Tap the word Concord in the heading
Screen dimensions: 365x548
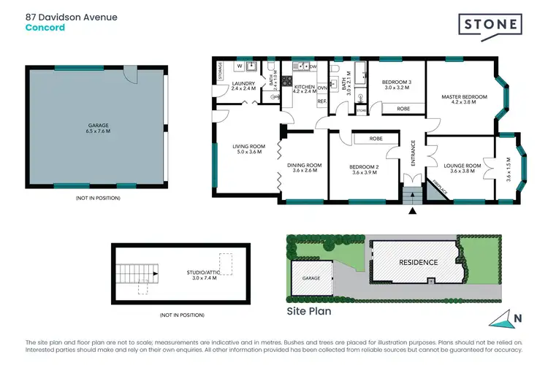45,28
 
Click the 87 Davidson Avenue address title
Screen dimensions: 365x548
71,16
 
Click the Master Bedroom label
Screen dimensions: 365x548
464,99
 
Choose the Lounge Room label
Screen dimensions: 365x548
465,168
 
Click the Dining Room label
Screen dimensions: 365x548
303,168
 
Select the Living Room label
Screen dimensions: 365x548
248,149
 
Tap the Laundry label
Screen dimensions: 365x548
243,85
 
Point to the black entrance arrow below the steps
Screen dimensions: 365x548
413,211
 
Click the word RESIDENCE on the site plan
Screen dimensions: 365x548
418,262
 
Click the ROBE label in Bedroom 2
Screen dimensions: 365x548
376,138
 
